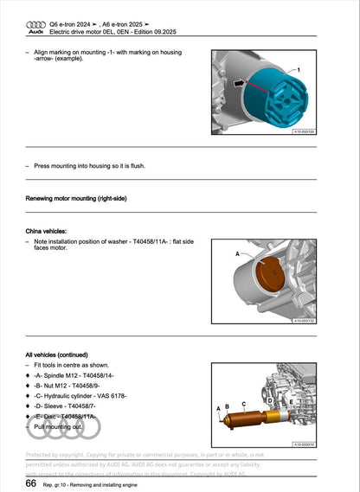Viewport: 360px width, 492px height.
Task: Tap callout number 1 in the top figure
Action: click(x=298, y=67)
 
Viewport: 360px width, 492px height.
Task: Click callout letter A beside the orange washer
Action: click(x=236, y=254)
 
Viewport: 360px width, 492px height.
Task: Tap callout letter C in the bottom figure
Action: click(x=243, y=403)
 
